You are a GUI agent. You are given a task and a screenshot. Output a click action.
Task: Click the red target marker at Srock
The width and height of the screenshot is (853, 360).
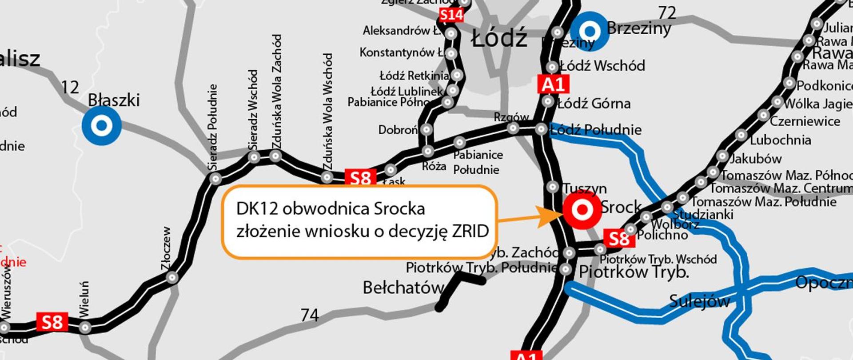coord(582,210)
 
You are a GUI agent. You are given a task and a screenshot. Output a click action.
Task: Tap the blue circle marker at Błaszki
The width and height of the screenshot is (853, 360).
coord(102,126)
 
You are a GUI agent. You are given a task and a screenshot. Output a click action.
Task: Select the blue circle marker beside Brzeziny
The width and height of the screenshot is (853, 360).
coord(590,31)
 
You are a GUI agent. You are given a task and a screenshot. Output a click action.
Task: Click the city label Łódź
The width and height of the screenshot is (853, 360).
coord(499,38)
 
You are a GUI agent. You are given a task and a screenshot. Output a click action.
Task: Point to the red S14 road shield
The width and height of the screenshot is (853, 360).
coord(451,16)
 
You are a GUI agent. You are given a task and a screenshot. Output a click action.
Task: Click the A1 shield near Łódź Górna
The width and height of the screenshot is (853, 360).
coord(553,84)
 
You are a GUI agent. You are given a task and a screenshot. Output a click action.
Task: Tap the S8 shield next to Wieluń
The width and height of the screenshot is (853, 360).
coord(52,322)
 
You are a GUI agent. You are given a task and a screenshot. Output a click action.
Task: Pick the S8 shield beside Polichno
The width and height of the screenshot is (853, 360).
coord(619,239)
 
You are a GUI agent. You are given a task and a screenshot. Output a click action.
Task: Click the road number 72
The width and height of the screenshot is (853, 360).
coord(667,13)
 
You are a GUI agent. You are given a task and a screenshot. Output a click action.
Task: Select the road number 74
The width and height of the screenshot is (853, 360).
coord(310,315)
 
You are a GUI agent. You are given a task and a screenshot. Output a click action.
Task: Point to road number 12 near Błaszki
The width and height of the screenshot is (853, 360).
coord(70,87)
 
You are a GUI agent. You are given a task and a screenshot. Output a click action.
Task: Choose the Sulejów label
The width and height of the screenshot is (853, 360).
coord(699,301)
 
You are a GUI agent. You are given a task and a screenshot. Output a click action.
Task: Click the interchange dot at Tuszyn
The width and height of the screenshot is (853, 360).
coord(553,187)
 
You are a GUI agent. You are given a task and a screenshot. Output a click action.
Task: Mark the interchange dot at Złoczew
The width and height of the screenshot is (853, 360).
coord(172,278)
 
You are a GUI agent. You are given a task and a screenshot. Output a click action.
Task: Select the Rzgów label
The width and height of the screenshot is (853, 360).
coord(511,117)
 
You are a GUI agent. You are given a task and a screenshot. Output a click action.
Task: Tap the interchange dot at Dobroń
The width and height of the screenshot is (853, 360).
coord(426,130)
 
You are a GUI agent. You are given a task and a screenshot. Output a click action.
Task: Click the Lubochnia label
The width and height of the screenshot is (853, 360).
coord(780,140)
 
